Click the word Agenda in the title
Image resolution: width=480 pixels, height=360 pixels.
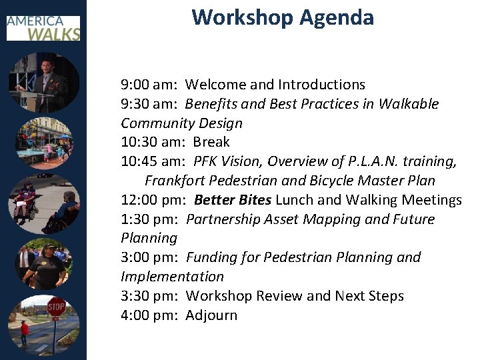337,17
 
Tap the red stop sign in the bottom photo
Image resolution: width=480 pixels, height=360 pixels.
56,307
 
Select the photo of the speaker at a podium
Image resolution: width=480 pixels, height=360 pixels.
43,83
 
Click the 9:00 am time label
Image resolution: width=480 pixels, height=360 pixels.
149,85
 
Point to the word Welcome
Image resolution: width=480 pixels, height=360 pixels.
216,85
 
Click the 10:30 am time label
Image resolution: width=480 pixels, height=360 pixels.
153,142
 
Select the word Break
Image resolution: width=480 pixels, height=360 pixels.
211,142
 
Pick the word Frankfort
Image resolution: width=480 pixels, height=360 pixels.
175,181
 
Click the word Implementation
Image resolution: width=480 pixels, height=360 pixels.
172,277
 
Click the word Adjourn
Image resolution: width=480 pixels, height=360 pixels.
211,315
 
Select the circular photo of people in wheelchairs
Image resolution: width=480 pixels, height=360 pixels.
43,203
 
